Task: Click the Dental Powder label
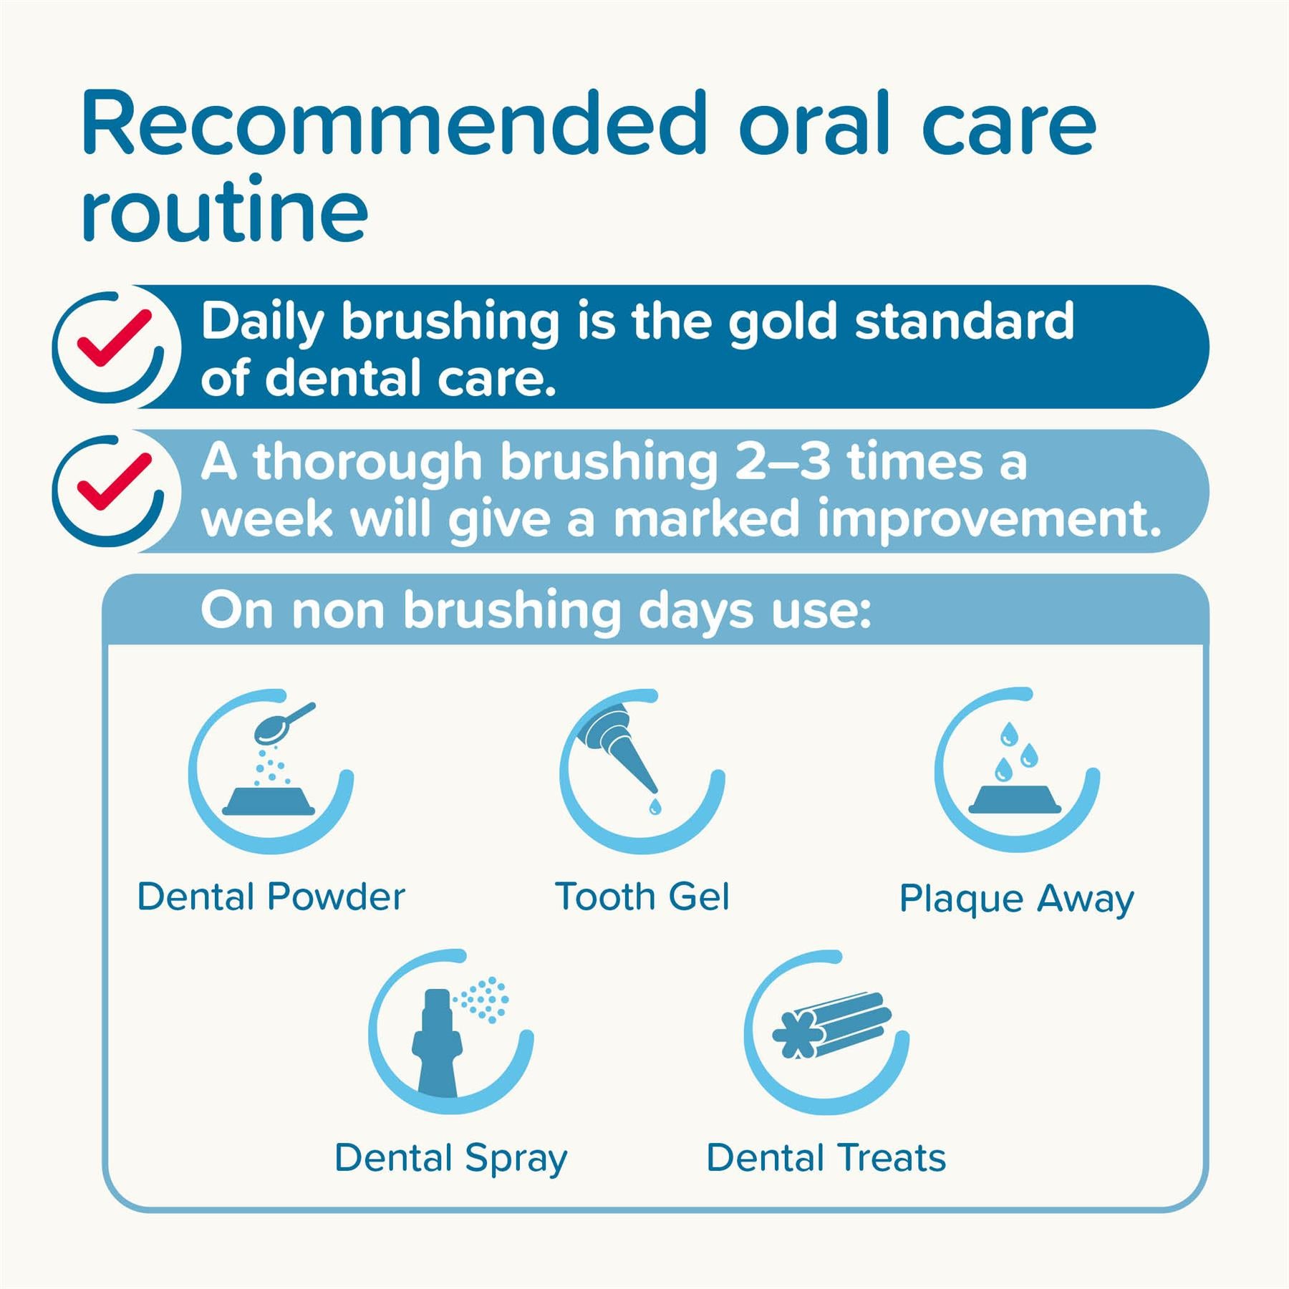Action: pos(271,897)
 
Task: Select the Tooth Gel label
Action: pos(642,897)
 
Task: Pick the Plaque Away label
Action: pos(1016,899)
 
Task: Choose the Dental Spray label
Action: pos(450,1159)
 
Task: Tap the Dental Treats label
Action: pos(826,1158)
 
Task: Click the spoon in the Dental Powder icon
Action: pos(279,725)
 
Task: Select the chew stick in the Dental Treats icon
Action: pos(834,1024)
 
